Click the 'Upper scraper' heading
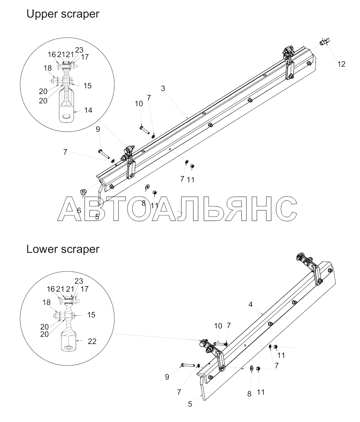point(62,14)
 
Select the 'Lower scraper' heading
point(62,249)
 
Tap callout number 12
point(341,64)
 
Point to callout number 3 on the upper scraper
point(163,89)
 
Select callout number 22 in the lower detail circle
point(92,341)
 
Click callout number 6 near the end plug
point(79,210)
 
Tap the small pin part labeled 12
point(324,42)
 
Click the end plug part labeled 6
point(83,192)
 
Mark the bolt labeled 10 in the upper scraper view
point(144,130)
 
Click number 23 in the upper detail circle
point(79,50)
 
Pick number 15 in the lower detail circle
point(91,315)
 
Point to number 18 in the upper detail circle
point(47,68)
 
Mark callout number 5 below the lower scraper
point(190,404)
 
